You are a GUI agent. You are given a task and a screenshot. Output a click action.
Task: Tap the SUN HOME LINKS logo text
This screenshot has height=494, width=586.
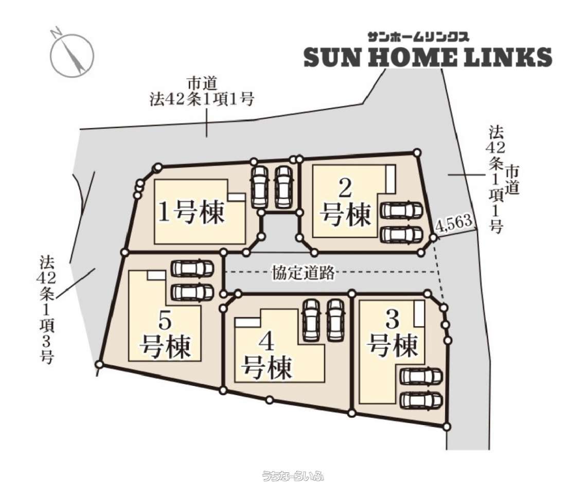428,57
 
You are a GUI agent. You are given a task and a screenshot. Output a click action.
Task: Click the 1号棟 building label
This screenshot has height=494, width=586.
192,212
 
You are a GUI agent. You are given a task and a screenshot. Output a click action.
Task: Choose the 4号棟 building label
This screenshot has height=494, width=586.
266,355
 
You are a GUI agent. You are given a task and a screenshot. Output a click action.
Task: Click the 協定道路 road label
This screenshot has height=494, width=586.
303,273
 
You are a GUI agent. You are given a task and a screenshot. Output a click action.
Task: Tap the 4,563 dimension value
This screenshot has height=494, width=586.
454,223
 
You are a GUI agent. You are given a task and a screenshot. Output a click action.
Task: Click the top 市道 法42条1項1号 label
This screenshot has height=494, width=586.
202,92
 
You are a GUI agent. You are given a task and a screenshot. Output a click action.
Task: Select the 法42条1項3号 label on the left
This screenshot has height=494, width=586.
47,309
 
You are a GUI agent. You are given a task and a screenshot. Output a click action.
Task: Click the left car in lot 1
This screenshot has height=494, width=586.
259,186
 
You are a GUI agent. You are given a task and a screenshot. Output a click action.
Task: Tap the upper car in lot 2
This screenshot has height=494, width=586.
401,210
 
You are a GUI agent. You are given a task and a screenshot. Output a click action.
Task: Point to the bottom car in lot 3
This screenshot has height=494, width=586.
421,400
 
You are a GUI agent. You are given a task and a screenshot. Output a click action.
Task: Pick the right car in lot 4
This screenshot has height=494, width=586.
335,320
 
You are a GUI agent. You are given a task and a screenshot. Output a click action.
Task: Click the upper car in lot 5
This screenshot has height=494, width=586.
192,268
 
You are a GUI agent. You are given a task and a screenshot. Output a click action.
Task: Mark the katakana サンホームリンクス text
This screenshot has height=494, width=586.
418,37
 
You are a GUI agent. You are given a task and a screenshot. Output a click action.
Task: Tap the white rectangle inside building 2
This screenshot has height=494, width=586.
390,179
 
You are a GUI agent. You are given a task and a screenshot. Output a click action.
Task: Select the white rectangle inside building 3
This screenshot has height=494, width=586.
419,313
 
